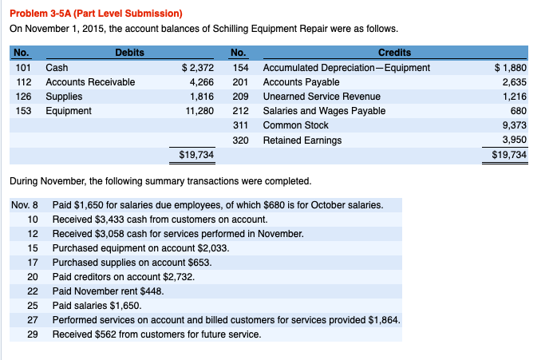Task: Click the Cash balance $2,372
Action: tap(198, 68)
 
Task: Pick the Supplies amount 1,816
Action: tap(200, 97)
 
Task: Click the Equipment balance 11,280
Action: tap(199, 111)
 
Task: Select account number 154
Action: tap(237, 68)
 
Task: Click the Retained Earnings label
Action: tap(302, 140)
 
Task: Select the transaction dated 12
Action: tap(177, 234)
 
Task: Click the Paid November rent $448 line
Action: tap(108, 291)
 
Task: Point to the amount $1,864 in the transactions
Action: tap(384, 319)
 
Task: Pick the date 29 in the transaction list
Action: tap(33, 334)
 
